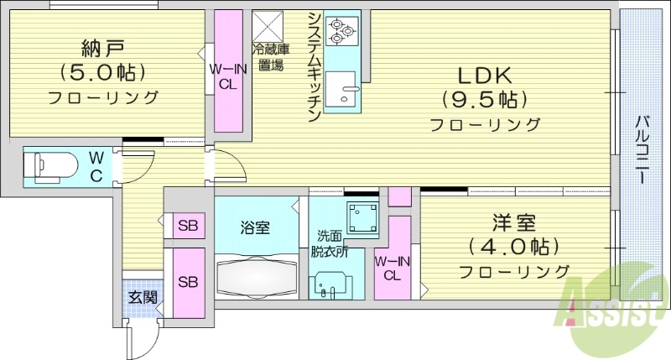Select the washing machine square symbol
click(x=362, y=218)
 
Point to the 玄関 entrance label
click(x=142, y=296)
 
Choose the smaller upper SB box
click(x=189, y=227)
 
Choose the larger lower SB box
click(x=189, y=282)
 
